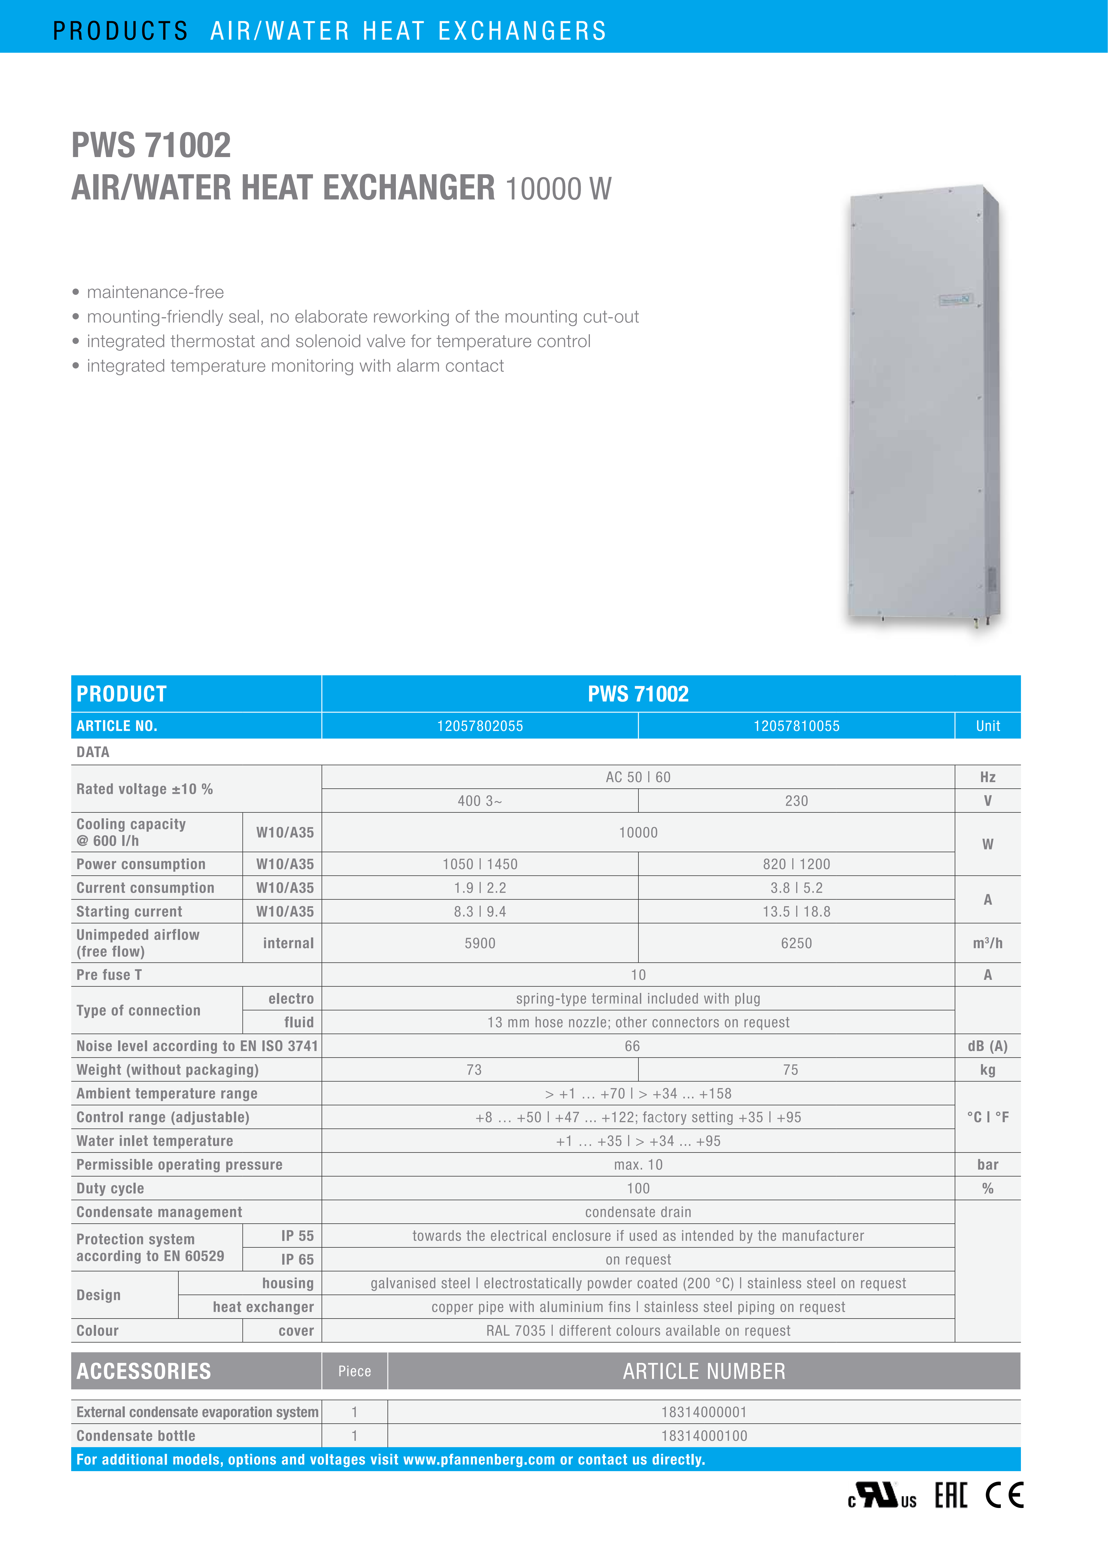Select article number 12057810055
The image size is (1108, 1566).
796,726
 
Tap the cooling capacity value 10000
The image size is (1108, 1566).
638,832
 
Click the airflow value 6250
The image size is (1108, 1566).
796,943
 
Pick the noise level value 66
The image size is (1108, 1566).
633,1046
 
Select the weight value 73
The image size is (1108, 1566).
474,1069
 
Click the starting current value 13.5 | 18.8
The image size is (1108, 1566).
796,911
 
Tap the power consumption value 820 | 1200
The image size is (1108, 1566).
796,864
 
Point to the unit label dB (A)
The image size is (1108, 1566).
987,1046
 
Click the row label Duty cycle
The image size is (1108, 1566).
111,1188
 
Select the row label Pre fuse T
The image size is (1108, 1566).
109,975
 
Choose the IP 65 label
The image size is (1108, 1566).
298,1259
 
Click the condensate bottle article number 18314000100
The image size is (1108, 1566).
704,1436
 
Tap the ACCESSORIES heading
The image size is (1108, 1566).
144,1371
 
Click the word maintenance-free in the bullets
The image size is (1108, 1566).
155,292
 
